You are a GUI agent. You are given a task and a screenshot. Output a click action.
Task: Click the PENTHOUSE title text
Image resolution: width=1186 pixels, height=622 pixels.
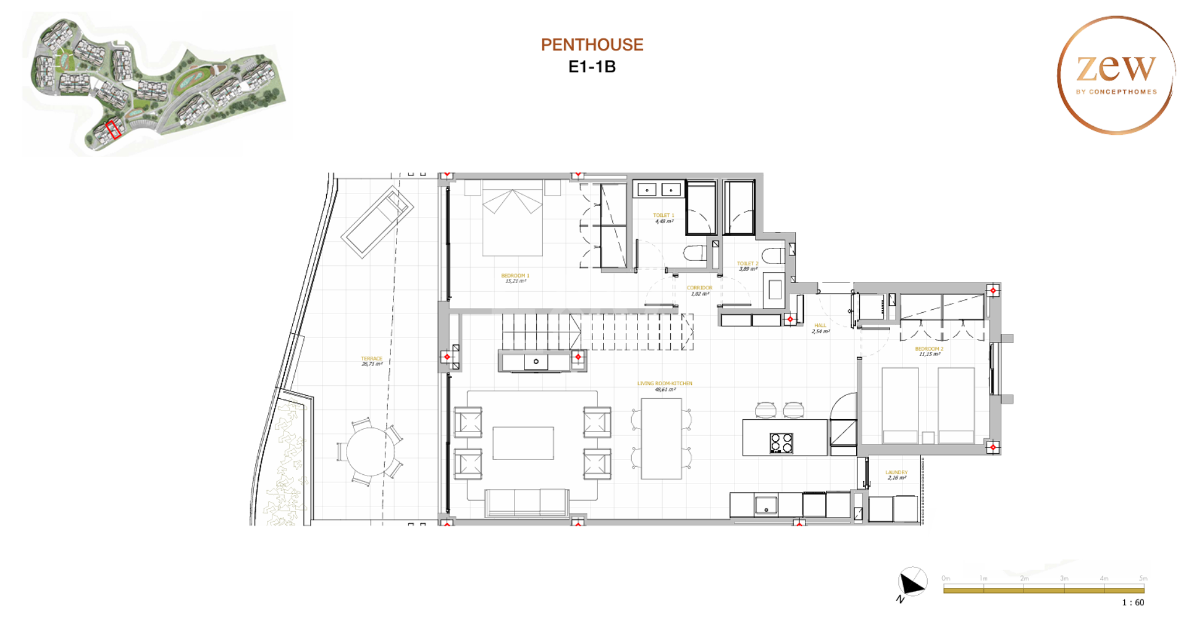click(592, 45)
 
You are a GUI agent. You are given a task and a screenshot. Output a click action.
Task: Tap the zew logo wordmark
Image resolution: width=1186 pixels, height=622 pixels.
click(1116, 68)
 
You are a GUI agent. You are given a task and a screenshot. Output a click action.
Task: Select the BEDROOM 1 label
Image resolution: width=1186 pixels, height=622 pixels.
click(515, 276)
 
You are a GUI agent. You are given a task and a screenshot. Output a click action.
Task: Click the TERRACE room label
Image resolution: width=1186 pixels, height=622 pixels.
click(371, 359)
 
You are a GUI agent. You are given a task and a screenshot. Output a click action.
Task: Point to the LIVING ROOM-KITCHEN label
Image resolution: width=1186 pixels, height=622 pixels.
click(665, 384)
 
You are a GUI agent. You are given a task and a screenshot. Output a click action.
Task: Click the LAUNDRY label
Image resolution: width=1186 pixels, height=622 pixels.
click(896, 472)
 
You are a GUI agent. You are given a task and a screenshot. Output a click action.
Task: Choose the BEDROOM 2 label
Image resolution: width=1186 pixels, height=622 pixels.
click(929, 349)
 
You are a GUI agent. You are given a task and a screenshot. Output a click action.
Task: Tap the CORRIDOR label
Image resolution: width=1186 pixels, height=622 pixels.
click(699, 288)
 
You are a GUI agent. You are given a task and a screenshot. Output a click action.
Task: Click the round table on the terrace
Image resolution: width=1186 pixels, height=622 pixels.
click(369, 451)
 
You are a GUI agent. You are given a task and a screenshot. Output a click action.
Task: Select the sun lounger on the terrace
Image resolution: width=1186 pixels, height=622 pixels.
click(377, 221)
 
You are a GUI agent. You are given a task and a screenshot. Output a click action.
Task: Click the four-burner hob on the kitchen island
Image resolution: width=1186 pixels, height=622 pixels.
click(781, 443)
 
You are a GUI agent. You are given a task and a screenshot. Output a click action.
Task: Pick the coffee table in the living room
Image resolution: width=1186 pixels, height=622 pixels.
click(523, 443)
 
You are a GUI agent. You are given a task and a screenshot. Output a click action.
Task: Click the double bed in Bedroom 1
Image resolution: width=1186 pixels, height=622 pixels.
click(512, 219)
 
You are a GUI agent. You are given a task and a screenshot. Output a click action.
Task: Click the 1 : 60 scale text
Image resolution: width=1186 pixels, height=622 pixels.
click(1133, 602)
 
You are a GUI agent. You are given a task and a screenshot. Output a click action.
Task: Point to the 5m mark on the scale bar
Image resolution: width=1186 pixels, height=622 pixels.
click(1143, 578)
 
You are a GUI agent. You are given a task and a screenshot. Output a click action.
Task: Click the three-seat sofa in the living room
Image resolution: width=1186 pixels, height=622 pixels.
click(526, 502)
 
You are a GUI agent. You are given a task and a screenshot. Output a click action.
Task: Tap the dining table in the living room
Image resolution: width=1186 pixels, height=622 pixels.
click(661, 438)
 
